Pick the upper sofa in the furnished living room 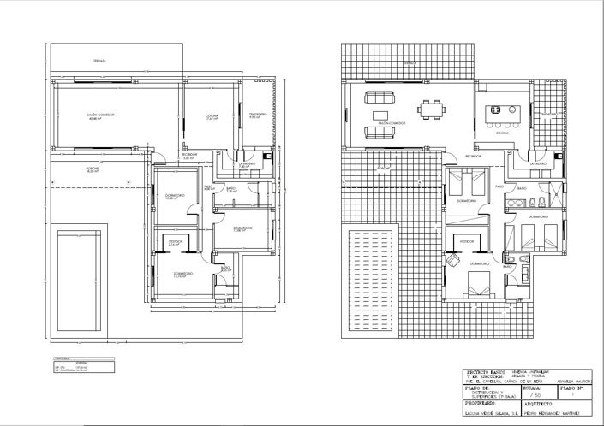377,94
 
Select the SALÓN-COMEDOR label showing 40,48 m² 102,116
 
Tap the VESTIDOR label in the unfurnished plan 175,242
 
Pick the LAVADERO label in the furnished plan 538,162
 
